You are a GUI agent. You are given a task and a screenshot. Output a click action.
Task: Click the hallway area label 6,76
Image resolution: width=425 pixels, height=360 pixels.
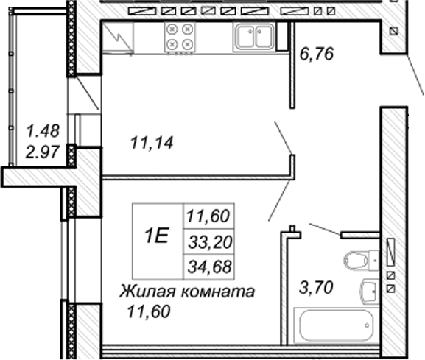[316, 54]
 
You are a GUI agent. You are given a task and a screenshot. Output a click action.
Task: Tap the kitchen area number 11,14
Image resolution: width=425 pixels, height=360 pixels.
[152, 143]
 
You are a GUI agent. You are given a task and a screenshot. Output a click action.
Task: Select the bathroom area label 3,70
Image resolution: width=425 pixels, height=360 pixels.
[316, 287]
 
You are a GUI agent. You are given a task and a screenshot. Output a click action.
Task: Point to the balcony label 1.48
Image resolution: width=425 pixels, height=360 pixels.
[43, 131]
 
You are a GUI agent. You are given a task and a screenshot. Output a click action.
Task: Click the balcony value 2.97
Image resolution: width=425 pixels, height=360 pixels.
[42, 152]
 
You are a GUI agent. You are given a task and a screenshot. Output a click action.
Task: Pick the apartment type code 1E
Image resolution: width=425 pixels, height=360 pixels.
[156, 236]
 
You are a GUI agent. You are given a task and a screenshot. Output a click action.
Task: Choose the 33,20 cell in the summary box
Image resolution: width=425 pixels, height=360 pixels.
[210, 242]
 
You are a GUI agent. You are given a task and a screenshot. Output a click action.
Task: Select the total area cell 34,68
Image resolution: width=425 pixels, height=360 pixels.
[210, 267]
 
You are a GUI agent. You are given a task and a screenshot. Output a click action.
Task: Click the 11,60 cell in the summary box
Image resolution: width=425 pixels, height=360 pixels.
[208, 216]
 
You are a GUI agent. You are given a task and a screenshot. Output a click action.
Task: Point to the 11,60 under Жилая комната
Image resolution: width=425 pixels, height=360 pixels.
[149, 311]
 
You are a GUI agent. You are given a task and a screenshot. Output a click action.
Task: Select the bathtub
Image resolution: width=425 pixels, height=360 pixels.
[336, 326]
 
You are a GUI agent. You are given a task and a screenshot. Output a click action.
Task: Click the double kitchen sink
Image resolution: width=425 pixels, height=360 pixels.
[254, 37]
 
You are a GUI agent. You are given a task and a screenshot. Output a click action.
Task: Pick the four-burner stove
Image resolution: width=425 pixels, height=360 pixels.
[180, 37]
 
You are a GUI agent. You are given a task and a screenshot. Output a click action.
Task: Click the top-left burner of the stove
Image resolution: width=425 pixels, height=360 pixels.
[172, 29]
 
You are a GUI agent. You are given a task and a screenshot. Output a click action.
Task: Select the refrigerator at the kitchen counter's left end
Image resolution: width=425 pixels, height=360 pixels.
[118, 37]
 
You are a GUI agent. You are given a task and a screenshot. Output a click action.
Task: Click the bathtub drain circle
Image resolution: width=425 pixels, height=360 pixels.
[367, 325]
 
